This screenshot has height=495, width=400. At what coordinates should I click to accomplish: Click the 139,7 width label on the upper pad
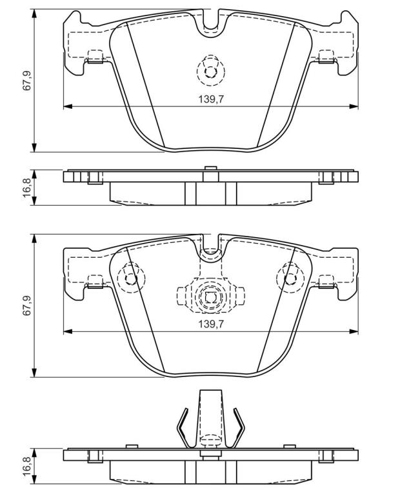(x=211, y=99)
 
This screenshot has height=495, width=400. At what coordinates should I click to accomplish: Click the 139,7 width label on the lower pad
(x=211, y=324)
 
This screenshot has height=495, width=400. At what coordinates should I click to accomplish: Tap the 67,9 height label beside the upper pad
(x=28, y=81)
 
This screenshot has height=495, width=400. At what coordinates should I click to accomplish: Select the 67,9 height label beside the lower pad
(x=28, y=306)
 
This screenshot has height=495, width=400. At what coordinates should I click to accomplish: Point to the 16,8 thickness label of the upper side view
(x=28, y=188)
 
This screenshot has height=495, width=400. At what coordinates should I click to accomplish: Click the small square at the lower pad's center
(x=210, y=297)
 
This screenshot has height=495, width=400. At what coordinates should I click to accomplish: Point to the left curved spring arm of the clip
(x=183, y=427)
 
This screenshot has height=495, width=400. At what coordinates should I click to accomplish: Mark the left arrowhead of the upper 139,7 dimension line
(x=68, y=106)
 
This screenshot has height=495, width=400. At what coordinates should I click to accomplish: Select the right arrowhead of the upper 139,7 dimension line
(x=354, y=106)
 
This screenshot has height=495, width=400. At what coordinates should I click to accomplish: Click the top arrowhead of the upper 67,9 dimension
(x=34, y=14)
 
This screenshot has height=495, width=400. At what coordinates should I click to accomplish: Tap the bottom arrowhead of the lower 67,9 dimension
(x=34, y=372)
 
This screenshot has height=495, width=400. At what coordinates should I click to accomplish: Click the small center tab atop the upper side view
(x=210, y=168)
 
